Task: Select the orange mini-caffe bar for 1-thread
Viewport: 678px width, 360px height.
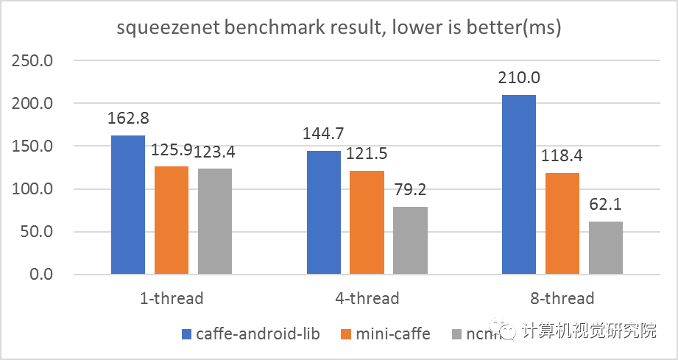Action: pyautogui.click(x=172, y=220)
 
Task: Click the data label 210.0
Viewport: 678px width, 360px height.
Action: pyautogui.click(x=519, y=78)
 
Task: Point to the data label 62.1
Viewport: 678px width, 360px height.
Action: pyautogui.click(x=606, y=205)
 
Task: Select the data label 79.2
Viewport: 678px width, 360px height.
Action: pyautogui.click(x=410, y=191)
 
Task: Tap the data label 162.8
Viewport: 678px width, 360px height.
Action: pyautogui.click(x=128, y=119)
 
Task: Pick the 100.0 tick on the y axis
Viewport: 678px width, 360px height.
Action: pyautogui.click(x=32, y=188)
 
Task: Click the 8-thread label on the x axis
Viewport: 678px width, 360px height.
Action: pyautogui.click(x=562, y=298)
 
